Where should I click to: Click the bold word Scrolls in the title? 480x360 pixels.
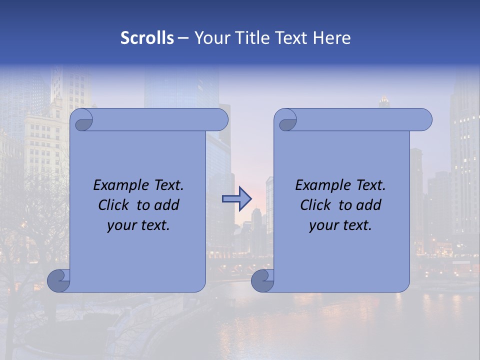[x=147, y=38]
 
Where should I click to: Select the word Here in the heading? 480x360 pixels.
[x=331, y=38]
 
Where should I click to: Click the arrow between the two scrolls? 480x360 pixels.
[x=236, y=199]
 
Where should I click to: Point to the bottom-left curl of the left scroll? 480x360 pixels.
[x=58, y=281]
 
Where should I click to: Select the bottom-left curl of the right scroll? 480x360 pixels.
[x=262, y=281]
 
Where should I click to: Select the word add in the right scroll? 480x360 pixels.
[x=368, y=205]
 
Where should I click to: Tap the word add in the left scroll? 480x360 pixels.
[x=166, y=205]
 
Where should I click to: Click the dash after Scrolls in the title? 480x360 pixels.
[x=183, y=38]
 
